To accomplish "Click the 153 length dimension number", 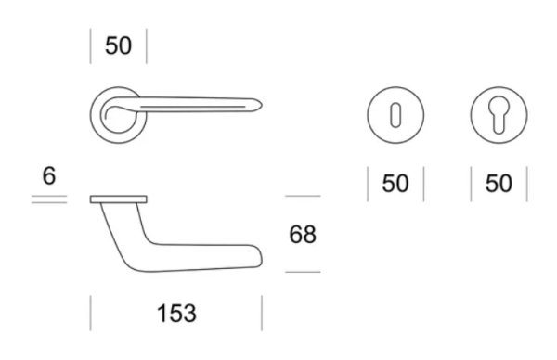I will click(175, 314).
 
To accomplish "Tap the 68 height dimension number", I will click(303, 235).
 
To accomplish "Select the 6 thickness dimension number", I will click(49, 175).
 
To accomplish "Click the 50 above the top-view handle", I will click(118, 46).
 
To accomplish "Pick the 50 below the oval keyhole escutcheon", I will click(395, 184).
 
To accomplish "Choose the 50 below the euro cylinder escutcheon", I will click(499, 184).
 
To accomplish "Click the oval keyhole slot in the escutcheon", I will click(395, 117).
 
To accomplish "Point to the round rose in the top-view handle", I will click(116, 116).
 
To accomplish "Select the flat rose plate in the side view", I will click(119, 199).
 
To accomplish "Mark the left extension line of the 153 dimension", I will click(91, 314).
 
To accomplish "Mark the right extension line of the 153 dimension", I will click(262, 314).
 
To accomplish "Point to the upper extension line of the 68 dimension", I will click(303, 196).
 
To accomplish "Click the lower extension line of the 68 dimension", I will click(303, 272).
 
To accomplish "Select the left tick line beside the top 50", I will click(91, 46).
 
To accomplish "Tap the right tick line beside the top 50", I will click(147, 46).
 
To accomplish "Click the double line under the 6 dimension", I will click(49, 199).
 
